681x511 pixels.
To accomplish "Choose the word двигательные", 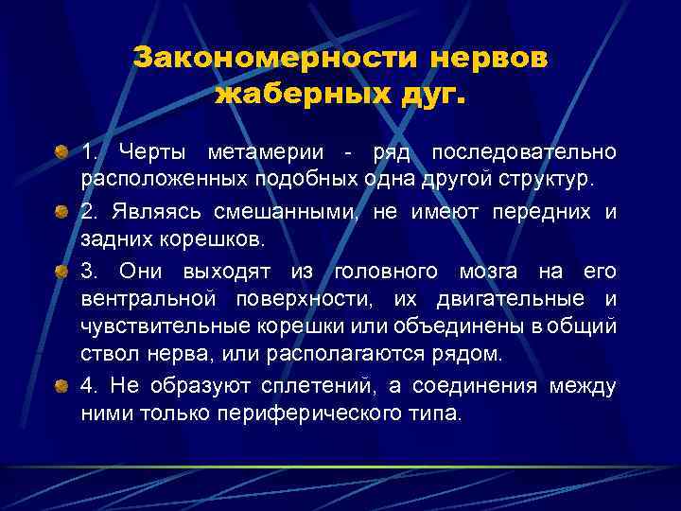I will (x=512, y=301).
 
